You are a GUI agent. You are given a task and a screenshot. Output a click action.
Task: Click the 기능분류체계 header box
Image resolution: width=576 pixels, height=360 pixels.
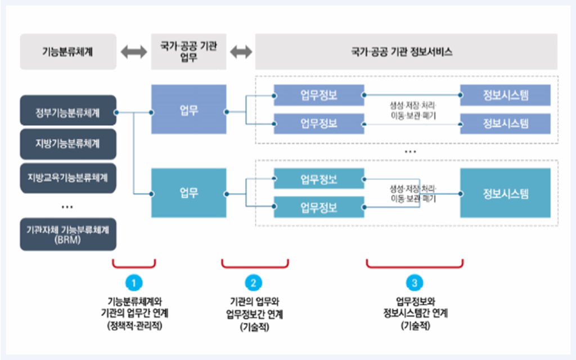pyautogui.click(x=68, y=52)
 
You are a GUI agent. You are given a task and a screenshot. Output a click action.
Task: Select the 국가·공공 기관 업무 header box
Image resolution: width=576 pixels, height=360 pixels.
pyautogui.click(x=189, y=52)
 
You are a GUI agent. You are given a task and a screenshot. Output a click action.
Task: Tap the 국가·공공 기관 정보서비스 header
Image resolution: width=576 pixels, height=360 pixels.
pyautogui.click(x=406, y=52)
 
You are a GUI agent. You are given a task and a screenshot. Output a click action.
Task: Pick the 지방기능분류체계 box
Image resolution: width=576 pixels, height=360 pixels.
pyautogui.click(x=68, y=143)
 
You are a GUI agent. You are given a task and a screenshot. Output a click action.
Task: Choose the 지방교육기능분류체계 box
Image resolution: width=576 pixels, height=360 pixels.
pyautogui.click(x=68, y=177)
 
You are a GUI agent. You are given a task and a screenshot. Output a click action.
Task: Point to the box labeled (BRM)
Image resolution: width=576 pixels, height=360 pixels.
pyautogui.click(x=68, y=234)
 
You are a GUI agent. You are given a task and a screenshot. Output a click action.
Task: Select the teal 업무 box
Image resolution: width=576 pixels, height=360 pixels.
pyautogui.click(x=189, y=193)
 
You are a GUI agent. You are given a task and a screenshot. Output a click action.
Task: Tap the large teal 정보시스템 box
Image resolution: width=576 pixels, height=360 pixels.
pyautogui.click(x=505, y=193)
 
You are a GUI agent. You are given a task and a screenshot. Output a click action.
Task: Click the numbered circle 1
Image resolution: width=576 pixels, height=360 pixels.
pyautogui.click(x=134, y=281)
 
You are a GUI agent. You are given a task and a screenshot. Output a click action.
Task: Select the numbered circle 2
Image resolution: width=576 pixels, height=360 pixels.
pyautogui.click(x=254, y=281)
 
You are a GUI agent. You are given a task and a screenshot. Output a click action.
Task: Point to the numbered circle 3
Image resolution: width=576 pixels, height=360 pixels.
pyautogui.click(x=415, y=281)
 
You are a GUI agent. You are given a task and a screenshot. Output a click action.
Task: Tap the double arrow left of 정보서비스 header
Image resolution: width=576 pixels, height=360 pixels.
pyautogui.click(x=241, y=52)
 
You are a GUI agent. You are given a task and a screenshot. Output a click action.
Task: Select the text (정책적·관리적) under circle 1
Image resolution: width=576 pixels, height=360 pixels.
pyautogui.click(x=134, y=325)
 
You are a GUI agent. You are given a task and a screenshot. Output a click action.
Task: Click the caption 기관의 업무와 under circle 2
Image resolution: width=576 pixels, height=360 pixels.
pyautogui.click(x=254, y=301)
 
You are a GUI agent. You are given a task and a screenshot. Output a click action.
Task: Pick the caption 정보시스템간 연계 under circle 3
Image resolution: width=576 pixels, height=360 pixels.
pyautogui.click(x=415, y=313)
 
